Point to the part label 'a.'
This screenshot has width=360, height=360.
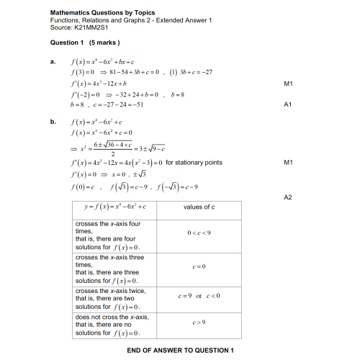click(x=53, y=63)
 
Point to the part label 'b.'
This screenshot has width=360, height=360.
click(x=53, y=122)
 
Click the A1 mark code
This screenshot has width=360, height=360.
click(x=287, y=104)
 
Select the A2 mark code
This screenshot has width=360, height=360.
click(x=287, y=196)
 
